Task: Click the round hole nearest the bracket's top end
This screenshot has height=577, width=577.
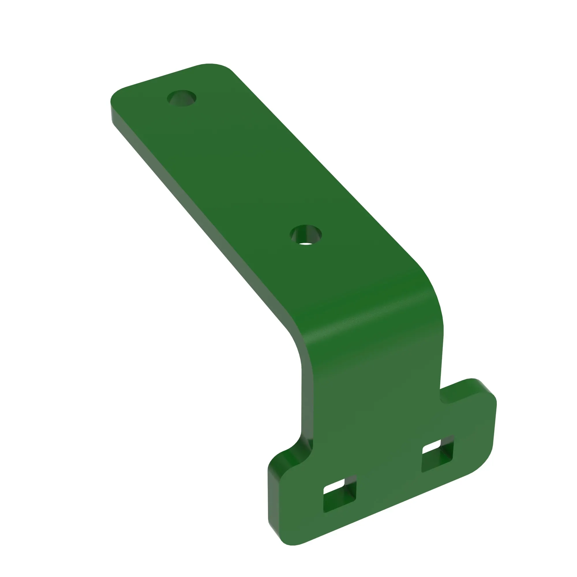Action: coord(181,98)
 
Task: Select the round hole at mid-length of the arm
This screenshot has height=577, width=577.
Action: coord(306,235)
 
